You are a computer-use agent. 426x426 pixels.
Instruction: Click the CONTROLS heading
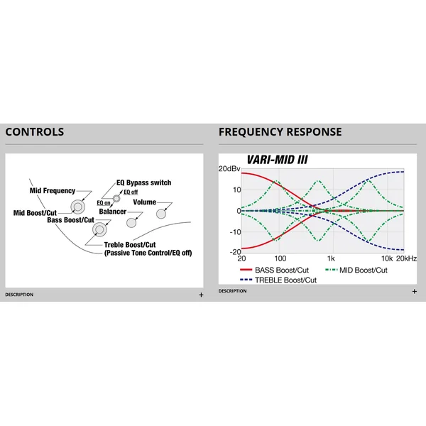(35, 132)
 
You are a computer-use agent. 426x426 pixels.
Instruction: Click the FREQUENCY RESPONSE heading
(280, 132)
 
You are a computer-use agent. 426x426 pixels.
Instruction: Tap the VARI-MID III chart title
(277, 160)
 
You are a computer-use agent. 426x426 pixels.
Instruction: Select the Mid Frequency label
(53, 191)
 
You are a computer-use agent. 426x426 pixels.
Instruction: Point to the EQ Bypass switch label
(143, 182)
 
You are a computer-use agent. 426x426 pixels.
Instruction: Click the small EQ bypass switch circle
(116, 199)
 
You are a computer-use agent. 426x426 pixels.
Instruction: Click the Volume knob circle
(161, 214)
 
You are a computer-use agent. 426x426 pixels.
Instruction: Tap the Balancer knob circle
(131, 223)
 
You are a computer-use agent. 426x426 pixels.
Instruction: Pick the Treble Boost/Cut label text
(130, 245)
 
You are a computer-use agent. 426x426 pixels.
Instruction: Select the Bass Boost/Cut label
(70, 220)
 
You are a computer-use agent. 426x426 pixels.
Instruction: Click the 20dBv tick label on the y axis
(229, 169)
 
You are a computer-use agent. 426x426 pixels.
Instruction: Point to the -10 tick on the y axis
(235, 232)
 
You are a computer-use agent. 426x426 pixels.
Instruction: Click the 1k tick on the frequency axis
(331, 258)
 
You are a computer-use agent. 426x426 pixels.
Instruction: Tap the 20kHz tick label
(406, 258)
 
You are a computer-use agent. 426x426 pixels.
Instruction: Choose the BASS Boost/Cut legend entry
(274, 270)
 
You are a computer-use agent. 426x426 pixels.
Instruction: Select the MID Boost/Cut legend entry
(356, 270)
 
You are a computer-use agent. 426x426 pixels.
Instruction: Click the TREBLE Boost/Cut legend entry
(278, 280)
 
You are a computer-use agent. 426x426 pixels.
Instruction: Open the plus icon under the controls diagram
(201, 295)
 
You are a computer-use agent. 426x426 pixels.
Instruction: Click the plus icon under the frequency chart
(415, 292)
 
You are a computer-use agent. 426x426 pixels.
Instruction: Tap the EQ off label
(131, 192)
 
